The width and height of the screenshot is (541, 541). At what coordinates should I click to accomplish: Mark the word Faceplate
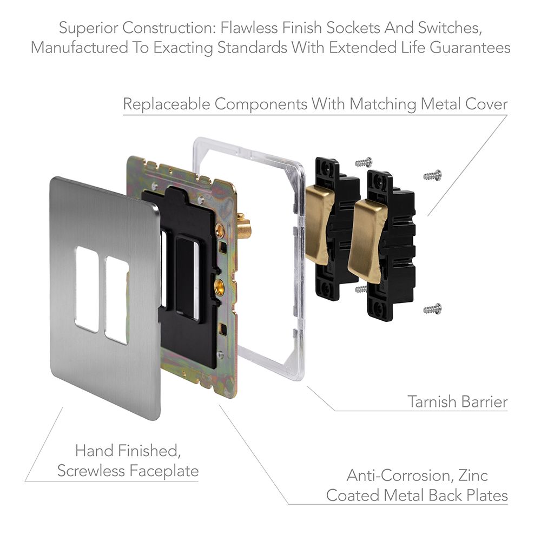[164, 471]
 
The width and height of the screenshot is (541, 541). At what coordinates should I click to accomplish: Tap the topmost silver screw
[364, 161]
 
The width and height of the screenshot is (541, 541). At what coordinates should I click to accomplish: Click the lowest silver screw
[432, 309]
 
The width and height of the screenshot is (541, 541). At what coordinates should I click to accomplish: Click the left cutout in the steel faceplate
[87, 289]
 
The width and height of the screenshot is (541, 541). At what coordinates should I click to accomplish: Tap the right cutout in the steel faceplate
[117, 300]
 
